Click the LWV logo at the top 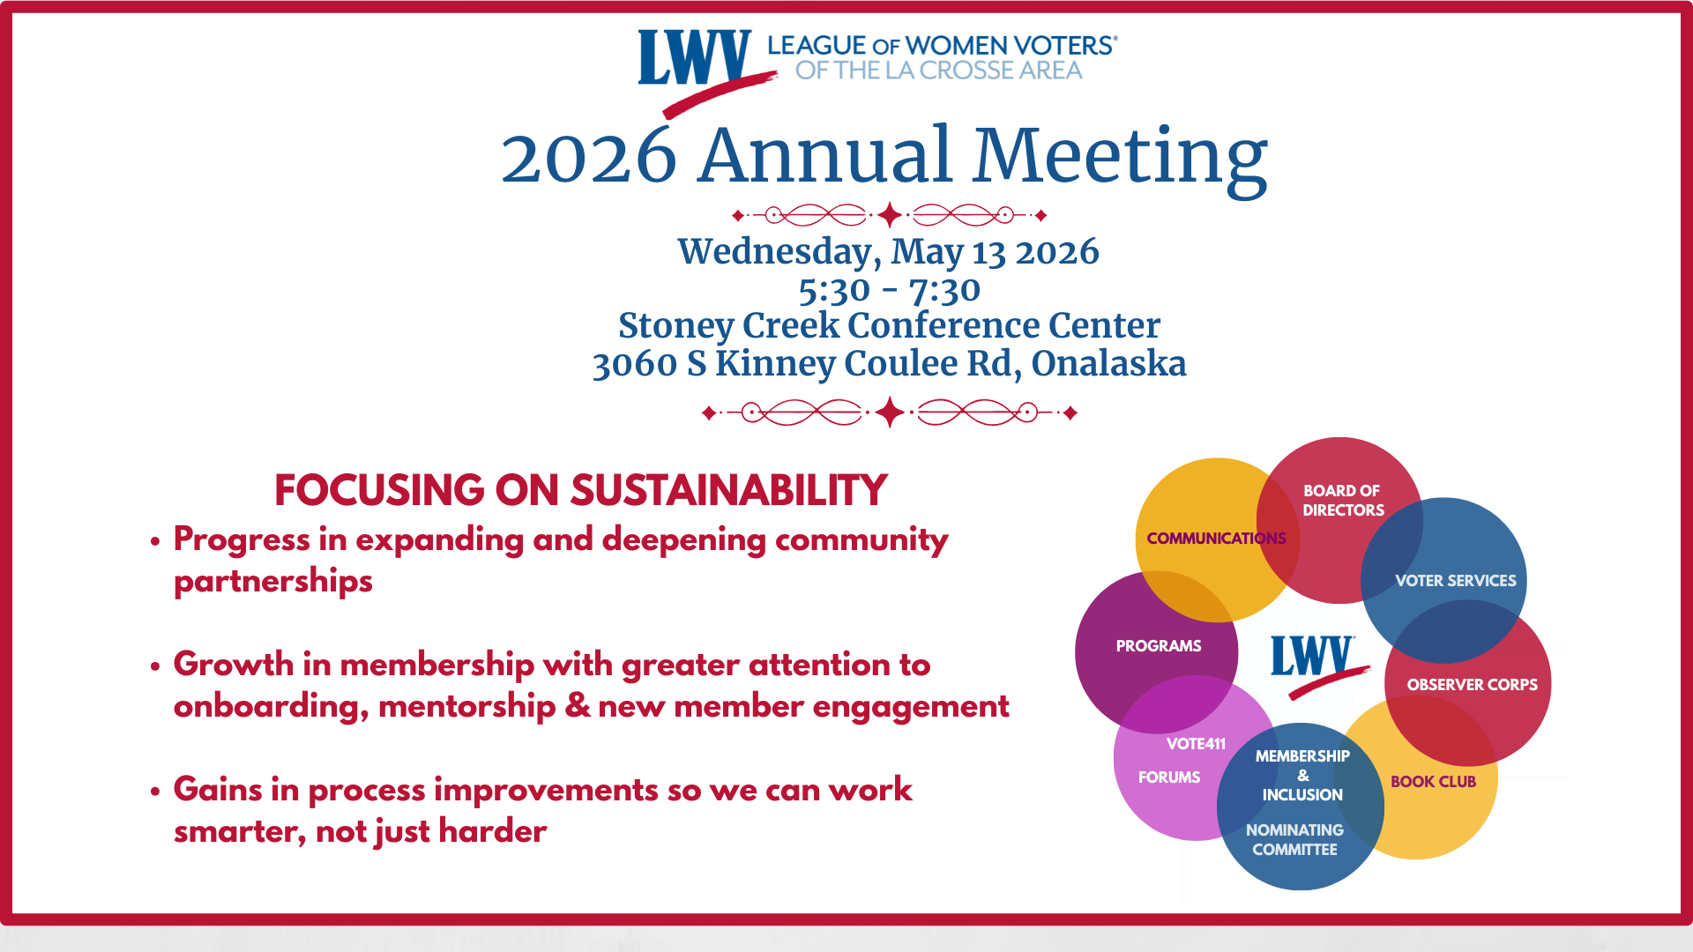(695, 60)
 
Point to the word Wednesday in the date (779, 252)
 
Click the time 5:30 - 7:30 (889, 290)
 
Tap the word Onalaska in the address (1108, 363)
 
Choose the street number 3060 (634, 364)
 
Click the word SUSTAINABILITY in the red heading (728, 491)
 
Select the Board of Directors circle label (1342, 500)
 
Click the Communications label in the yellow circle (1216, 538)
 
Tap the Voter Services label (1455, 581)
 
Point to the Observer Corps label (1472, 685)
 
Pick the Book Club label (1433, 782)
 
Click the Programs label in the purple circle (1158, 646)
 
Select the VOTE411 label (1196, 744)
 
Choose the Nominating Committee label (1294, 840)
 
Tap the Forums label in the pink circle (1168, 777)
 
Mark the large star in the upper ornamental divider (889, 214)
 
